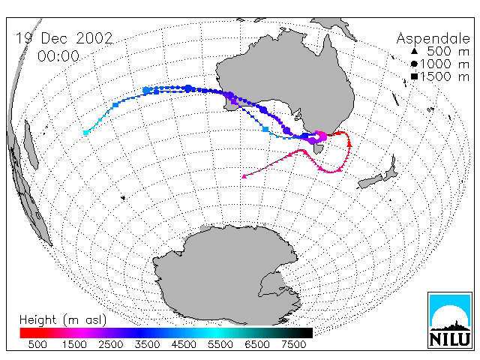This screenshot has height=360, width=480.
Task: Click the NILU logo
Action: pos(450,320)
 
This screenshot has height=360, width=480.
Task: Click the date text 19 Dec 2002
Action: pos(64,38)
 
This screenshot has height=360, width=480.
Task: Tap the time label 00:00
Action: pos(58,56)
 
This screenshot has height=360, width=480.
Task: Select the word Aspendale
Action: pos(433,39)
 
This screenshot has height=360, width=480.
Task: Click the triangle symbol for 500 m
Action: pos(414,51)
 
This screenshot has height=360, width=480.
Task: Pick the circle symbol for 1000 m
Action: pos(414,64)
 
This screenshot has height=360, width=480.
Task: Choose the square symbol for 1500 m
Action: pos(414,76)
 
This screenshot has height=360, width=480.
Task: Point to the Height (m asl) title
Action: pos(63,320)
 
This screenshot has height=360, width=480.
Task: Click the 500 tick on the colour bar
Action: pos(37,344)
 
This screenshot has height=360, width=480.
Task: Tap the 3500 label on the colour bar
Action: pos(147,344)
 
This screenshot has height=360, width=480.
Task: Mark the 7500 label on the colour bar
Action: pos(293,344)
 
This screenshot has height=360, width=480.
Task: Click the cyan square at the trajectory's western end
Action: pos(86,133)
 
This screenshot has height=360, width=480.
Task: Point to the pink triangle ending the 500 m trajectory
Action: pos(244,176)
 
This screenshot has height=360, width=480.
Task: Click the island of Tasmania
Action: pos(318,148)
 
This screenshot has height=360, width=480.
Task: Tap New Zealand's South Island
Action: pos(370,181)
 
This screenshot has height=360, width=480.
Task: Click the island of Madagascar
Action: pos(31,145)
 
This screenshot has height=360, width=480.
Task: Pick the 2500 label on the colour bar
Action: pos(111,344)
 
